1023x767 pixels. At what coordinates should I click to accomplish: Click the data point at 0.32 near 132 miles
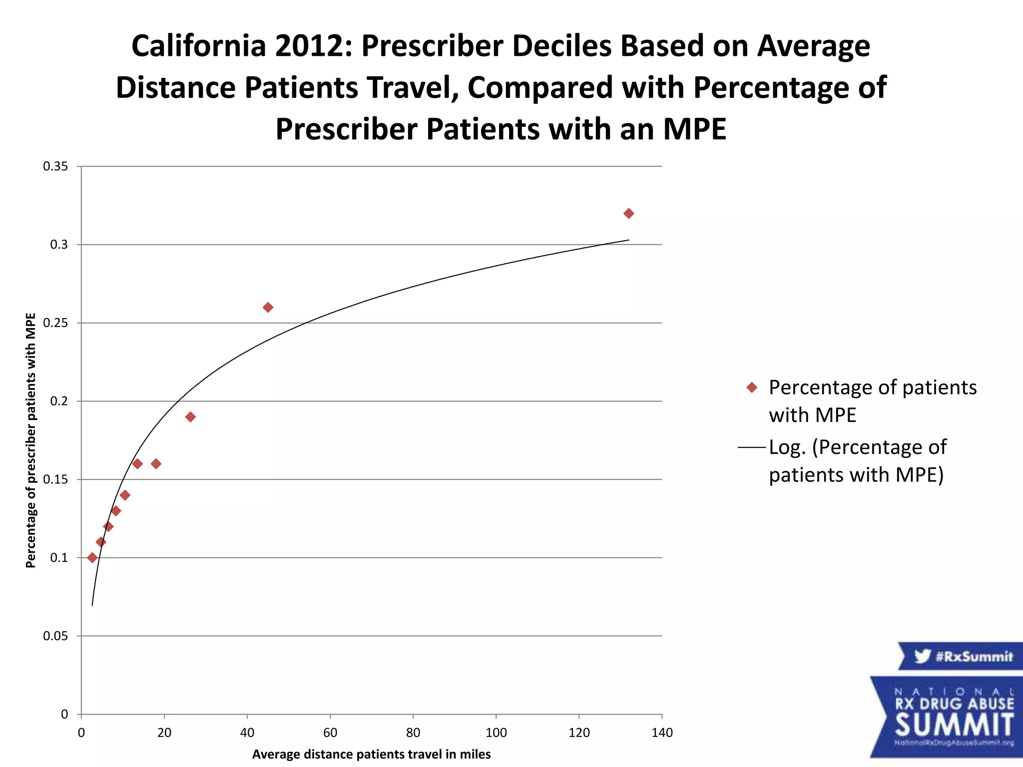tap(628, 214)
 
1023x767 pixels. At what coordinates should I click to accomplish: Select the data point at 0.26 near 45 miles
tap(268, 307)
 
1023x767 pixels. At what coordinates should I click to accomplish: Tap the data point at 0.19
tap(190, 417)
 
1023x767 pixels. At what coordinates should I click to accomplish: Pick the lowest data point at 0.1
tap(92, 558)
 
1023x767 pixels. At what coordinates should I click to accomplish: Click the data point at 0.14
tap(125, 495)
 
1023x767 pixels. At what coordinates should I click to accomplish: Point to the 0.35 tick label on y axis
tap(55, 167)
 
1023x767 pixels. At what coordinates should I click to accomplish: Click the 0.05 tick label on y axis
tap(55, 636)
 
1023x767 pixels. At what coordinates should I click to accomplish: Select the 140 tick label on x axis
tap(662, 733)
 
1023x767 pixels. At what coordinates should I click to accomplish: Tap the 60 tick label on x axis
tap(330, 733)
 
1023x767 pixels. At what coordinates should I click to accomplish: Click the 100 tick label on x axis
tap(496, 733)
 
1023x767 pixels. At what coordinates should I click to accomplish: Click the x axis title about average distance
tap(371, 754)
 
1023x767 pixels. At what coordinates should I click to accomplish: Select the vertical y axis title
tap(31, 440)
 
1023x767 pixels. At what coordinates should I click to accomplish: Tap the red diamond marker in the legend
tap(752, 387)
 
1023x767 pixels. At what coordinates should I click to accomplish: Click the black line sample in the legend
tap(752, 447)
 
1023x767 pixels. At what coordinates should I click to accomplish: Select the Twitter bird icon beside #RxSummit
tap(922, 656)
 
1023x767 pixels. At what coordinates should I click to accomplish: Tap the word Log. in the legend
tap(787, 447)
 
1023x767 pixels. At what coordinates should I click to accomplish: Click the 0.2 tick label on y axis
tap(58, 401)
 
